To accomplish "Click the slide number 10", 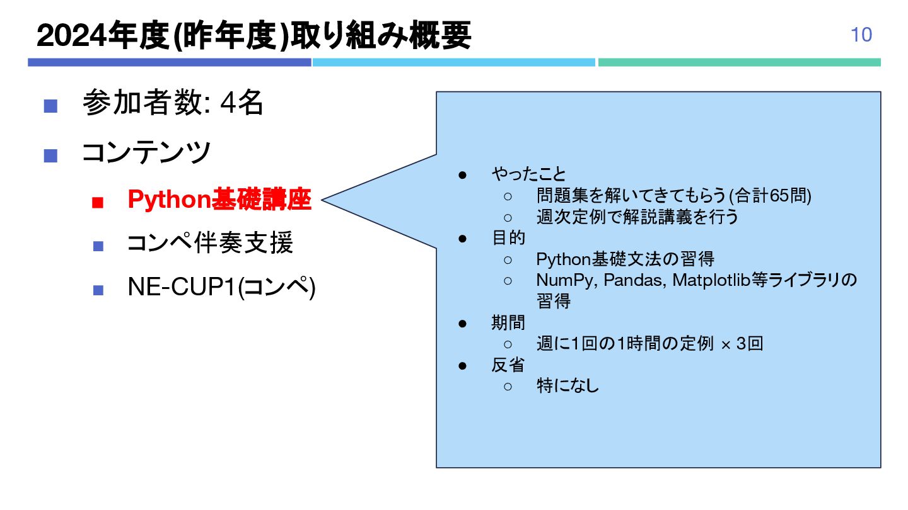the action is (x=861, y=35).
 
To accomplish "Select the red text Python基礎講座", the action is (x=219, y=200).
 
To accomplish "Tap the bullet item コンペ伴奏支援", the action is (x=210, y=244).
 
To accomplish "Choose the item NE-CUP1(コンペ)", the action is (x=221, y=288).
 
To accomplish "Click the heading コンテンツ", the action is (x=146, y=152).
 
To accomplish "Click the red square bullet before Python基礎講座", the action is (x=97, y=202).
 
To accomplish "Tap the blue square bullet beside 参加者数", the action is (x=50, y=105).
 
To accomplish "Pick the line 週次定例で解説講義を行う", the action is (x=637, y=217).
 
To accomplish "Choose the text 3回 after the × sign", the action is (x=750, y=344).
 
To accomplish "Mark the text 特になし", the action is (x=567, y=386).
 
